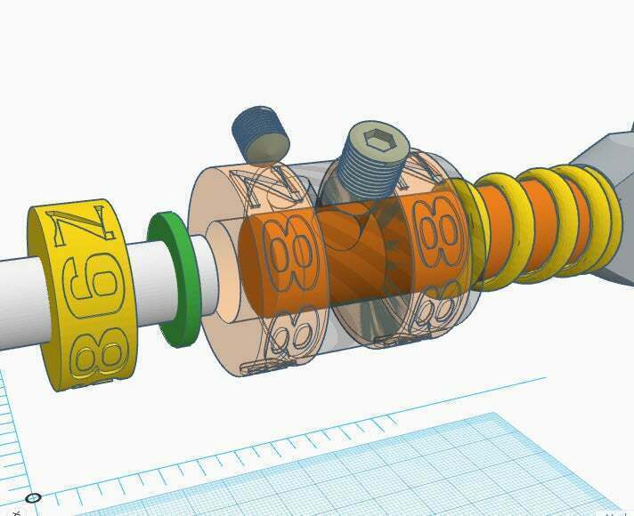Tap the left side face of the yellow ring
(x=45, y=294)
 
